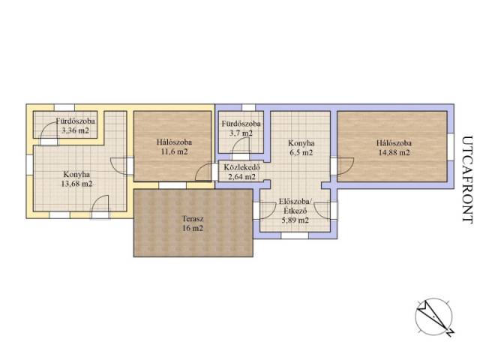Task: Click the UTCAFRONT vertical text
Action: pyautogui.click(x=467, y=180)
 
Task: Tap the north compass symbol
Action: pyautogui.click(x=434, y=317)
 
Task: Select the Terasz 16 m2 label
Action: pyautogui.click(x=193, y=223)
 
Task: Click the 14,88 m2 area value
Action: pyautogui.click(x=394, y=152)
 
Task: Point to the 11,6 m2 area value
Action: pyautogui.click(x=174, y=151)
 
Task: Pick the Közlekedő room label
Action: pyautogui.click(x=241, y=167)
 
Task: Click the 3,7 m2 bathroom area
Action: pyautogui.click(x=241, y=133)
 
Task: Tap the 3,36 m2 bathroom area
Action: pyautogui.click(x=75, y=130)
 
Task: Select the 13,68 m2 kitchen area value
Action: pyautogui.click(x=76, y=184)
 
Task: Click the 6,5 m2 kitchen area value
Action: pyautogui.click(x=301, y=152)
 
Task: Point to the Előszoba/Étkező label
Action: pyautogui.click(x=295, y=206)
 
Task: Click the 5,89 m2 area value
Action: pyautogui.click(x=295, y=220)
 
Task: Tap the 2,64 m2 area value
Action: pyautogui.click(x=241, y=177)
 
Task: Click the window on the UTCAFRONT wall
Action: pyautogui.click(x=451, y=147)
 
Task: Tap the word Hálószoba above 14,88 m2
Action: pyautogui.click(x=394, y=143)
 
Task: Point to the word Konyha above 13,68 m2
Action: pyautogui.click(x=76, y=175)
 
